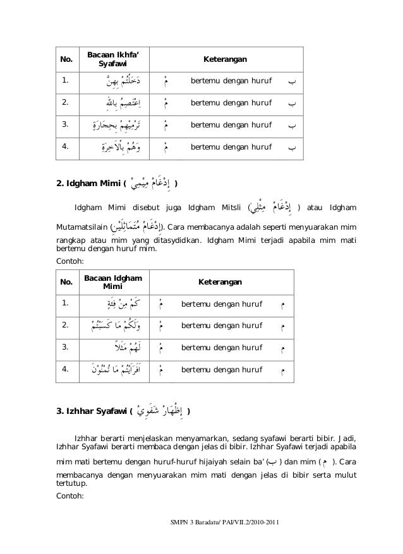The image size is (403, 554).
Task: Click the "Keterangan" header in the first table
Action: [x=225, y=60]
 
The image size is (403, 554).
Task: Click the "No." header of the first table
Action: [x=66, y=60]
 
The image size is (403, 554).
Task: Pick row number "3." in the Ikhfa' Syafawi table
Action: [x=66, y=125]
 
